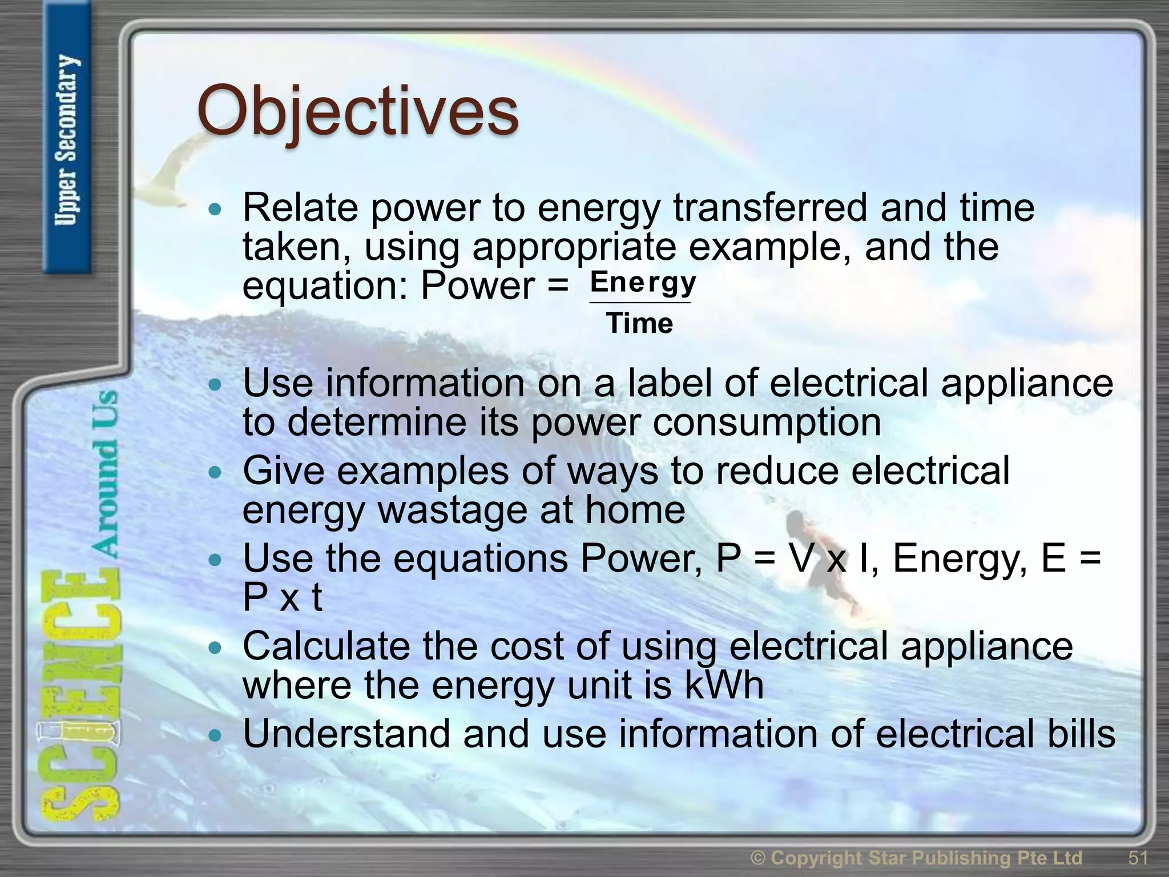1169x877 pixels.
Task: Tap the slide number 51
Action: tap(1138, 858)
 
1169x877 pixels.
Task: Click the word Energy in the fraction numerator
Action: tap(643, 283)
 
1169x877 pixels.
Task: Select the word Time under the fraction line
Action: tap(640, 324)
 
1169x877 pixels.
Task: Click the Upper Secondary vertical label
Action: tap(67, 140)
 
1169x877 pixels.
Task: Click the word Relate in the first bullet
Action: tap(300, 208)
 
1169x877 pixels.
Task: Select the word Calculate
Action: tap(326, 646)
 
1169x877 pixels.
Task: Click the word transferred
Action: tap(770, 208)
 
